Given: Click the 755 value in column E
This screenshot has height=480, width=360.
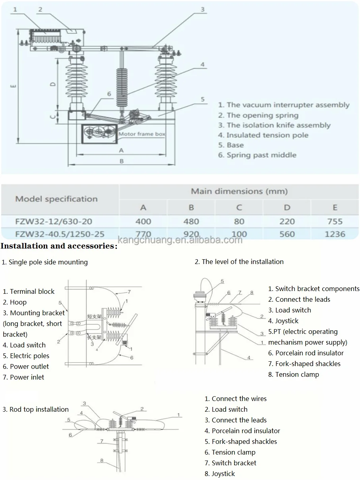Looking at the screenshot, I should pos(335,222).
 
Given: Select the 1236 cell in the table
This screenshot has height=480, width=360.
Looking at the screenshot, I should pos(335,234).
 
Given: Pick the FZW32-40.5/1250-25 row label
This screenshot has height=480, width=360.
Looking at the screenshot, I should pos(60,234).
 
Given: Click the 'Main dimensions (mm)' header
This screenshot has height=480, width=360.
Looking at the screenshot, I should pos(239,191).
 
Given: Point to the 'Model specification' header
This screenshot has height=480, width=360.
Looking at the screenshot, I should pos(56,199).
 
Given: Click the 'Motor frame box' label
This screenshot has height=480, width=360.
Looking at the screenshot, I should pos(142,134).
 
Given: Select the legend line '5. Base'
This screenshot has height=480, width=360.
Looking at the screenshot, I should pos(231,145).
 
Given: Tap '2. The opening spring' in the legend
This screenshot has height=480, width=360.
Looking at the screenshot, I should pos(258,115).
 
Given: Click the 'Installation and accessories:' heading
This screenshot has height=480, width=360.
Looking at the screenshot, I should pos(59,246).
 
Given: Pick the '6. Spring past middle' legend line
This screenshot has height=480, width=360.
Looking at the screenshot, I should pos(257,155).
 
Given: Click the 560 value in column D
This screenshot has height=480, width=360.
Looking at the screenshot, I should pos(287,234).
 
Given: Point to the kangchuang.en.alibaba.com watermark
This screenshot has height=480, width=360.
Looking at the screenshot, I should pos(180,240).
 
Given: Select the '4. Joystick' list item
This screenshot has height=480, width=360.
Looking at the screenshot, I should pos(283,321).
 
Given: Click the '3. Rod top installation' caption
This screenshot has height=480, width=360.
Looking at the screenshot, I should pos(35,409).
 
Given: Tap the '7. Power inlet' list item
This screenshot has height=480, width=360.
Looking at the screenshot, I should pos(23,377).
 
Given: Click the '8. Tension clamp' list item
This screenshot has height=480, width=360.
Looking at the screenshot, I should pos(294,374).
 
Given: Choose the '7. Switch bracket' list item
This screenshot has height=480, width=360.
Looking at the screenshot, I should pos(230,463).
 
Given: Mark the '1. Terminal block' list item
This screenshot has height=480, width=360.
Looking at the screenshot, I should pos(29,291).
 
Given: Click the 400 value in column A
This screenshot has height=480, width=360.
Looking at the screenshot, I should pos(143,222).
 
